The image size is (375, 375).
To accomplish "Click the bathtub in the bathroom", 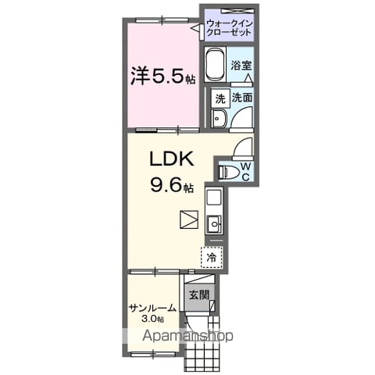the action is pyautogui.click(x=215, y=65).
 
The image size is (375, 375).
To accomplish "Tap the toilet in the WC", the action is pyautogui.click(x=228, y=172).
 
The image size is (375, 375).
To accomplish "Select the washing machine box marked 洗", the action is pyautogui.click(x=220, y=98).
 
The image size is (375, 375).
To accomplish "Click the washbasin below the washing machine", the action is pyautogui.click(x=220, y=119).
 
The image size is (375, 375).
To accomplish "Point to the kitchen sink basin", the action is pyautogui.click(x=215, y=223).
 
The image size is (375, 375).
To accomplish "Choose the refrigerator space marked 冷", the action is pyautogui.click(x=212, y=257).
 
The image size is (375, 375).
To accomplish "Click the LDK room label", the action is pyautogui.click(x=172, y=159).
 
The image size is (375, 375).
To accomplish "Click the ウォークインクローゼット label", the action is pyautogui.click(x=230, y=28).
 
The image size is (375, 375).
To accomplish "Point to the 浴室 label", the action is pyautogui.click(x=241, y=66).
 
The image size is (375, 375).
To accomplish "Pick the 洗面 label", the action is pyautogui.click(x=242, y=98).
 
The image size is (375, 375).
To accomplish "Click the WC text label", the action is pyautogui.click(x=246, y=171).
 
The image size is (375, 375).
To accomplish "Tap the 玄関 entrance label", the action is pyautogui.click(x=199, y=295).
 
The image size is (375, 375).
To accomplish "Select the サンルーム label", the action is pyautogui.click(x=152, y=309).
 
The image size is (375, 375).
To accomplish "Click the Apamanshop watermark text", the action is pyautogui.click(x=187, y=335).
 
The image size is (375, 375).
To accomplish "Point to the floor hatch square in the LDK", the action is pyautogui.click(x=189, y=220).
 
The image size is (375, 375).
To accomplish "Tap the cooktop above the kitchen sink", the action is pyautogui.click(x=214, y=198).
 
